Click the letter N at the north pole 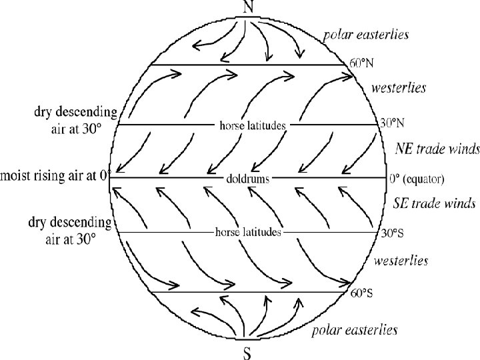[249, 7]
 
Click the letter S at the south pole [247, 353]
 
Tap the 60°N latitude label [362, 64]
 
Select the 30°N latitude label [392, 123]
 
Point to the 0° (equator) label [417, 179]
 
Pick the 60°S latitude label [361, 293]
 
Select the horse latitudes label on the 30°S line [248, 233]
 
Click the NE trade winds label [437, 147]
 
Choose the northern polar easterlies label [366, 33]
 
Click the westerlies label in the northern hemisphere [399, 87]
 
